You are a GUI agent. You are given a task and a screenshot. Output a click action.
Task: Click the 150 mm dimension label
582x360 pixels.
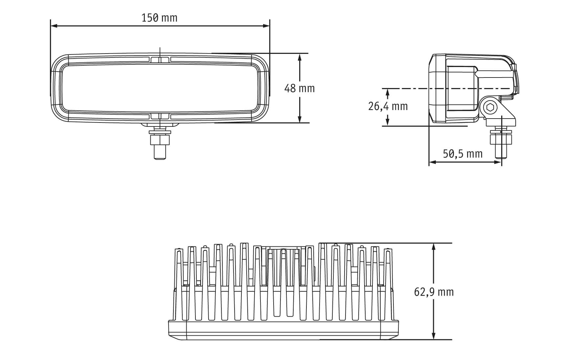pos(159,17)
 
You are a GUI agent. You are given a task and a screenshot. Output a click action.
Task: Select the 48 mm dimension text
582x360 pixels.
pos(299,88)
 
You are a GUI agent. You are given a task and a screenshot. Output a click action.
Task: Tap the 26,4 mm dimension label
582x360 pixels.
pos(388,106)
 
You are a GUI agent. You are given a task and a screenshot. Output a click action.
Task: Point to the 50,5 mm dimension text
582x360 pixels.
pos(462,154)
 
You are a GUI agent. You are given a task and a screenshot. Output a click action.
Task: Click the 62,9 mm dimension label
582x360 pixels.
pos(434,292)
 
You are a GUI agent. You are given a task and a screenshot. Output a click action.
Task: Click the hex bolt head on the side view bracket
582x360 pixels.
pos(490,107)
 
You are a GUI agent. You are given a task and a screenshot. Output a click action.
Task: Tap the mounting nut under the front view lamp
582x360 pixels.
pos(160,140)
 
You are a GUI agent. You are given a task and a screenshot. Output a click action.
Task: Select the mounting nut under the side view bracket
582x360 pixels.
pos(501,138)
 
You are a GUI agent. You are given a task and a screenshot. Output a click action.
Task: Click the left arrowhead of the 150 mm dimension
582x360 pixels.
pos(54,26)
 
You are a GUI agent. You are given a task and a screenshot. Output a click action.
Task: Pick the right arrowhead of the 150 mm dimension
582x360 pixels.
pos(266,26)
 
